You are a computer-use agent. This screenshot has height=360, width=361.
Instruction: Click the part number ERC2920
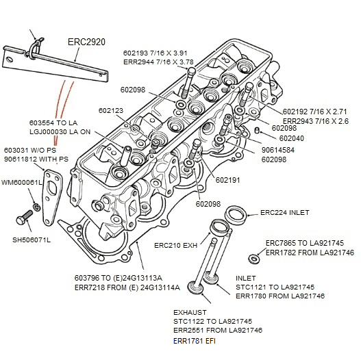[86, 42]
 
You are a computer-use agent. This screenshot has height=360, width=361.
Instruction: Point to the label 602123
[111, 110]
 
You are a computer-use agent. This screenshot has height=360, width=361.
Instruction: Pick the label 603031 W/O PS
[30, 150]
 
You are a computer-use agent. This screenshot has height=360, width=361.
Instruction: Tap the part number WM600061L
[21, 183]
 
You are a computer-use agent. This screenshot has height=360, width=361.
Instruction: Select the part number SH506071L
[32, 240]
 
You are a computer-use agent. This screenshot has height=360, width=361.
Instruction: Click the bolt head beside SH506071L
[20, 220]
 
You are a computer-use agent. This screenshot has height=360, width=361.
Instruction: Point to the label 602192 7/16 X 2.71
[316, 111]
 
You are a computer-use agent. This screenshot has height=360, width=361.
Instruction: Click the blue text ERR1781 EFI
[195, 341]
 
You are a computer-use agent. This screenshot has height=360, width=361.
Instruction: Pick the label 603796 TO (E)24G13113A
[117, 278]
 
